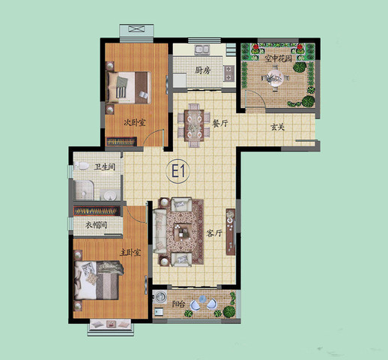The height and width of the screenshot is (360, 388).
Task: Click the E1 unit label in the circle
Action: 178,171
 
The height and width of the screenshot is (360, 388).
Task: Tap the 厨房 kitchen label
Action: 202,70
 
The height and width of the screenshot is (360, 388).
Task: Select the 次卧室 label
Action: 135,122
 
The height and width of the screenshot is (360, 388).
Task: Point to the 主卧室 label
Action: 130,253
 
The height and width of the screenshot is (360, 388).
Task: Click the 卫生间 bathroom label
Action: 105,166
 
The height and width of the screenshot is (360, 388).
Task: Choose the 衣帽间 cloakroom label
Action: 96,225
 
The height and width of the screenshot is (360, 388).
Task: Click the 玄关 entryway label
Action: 278,127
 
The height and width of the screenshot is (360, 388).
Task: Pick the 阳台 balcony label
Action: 178,304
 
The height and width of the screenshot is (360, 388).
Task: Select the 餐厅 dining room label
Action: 220,123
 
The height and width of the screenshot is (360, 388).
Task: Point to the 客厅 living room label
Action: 214,233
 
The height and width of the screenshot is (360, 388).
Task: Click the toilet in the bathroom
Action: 82,166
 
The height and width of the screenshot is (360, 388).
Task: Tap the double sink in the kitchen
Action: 202,49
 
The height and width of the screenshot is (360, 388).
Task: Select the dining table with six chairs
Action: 194,125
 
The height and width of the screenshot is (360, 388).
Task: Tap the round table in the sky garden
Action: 275,77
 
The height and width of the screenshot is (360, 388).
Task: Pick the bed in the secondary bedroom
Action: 129,88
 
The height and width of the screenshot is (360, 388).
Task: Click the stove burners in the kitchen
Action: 229,73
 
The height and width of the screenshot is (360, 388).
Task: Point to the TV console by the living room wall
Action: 231,232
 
